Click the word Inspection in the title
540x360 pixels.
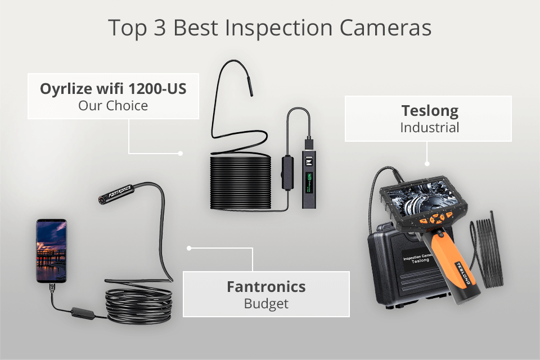pos(299,28)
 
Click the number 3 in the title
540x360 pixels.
pos(161,28)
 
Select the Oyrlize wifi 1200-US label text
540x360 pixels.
pos(113,89)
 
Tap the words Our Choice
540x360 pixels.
pos(113,105)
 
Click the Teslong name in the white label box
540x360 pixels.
pos(429,110)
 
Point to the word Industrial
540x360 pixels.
pos(429,128)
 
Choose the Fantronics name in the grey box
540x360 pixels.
pos(266,286)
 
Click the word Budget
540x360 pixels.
pos(266,304)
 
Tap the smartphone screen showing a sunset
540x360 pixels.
pos(51,250)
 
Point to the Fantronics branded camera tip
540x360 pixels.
pos(115,191)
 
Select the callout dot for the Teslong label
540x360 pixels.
pos(427,164)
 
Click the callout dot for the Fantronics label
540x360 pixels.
pos(189,247)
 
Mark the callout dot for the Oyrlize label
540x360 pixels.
pos(180,152)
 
